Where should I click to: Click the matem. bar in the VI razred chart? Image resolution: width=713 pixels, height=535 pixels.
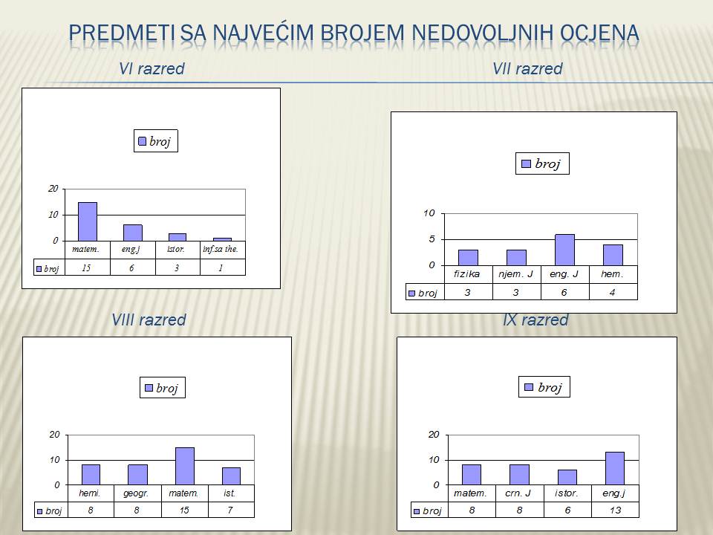coord(88,221)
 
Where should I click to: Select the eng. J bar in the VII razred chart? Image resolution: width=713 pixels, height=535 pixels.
coord(564,250)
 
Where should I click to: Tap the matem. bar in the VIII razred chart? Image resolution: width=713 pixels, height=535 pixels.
coord(185,467)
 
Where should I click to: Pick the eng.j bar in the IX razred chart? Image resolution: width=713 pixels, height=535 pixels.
coord(615,469)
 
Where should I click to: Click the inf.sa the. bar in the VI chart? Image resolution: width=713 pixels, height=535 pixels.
coord(222,239)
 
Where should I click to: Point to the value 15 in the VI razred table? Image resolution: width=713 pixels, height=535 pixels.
coord(86,268)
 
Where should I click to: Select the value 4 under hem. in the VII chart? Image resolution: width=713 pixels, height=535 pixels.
coord(613,293)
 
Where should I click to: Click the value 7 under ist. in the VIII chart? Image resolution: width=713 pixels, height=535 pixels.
coord(230,510)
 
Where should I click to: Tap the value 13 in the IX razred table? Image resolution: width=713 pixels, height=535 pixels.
coord(615,510)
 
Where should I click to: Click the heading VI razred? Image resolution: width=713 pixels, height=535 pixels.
coord(152,68)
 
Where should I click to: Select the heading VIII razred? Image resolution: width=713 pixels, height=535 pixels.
coord(149,320)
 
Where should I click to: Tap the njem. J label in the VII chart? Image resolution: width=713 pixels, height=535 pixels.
coord(516,274)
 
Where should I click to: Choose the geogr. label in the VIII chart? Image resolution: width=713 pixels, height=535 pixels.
coord(136,493)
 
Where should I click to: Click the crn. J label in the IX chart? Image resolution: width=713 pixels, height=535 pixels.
coord(518,493)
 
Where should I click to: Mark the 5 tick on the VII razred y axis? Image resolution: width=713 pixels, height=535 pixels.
coord(432,239)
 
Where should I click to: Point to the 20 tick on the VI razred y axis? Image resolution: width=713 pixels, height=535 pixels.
coord(53,189)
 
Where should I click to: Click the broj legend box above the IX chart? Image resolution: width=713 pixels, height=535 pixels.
coord(544,387)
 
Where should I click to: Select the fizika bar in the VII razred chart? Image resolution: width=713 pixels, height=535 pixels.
coord(468,258)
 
